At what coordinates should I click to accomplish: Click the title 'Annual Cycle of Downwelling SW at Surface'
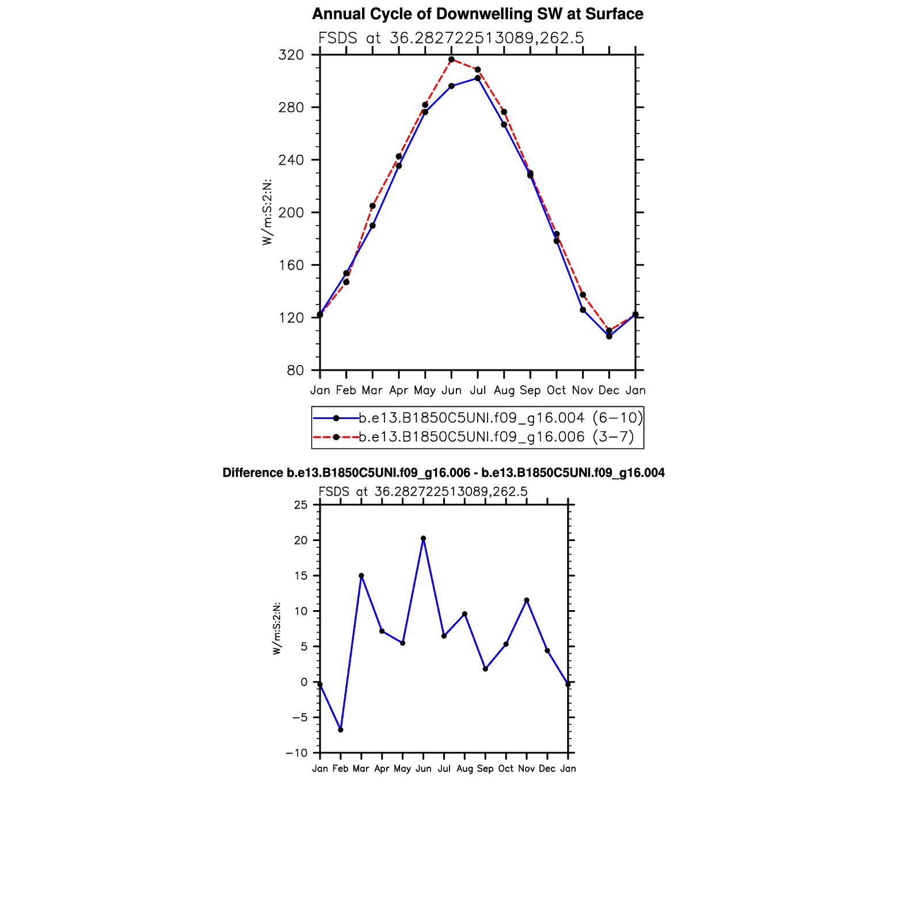[477, 14]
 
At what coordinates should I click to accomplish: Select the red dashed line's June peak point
[451, 59]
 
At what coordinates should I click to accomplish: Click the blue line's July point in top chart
[478, 78]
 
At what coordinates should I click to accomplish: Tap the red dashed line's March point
[372, 206]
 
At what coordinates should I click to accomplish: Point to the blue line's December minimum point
[609, 336]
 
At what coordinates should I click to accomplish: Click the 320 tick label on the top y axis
[291, 55]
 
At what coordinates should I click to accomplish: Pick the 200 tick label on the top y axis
[291, 213]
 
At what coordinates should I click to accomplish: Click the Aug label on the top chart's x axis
[504, 390]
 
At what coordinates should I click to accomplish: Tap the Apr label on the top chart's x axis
[398, 390]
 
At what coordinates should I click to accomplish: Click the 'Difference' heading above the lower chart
[443, 473]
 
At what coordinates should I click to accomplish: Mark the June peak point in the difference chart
[423, 538]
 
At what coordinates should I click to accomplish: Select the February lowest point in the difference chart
[341, 730]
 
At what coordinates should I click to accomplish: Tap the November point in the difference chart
[527, 600]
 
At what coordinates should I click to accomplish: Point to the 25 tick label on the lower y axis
[301, 505]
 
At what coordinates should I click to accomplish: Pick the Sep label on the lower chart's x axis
[485, 769]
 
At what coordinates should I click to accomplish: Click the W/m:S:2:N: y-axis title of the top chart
[267, 212]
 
